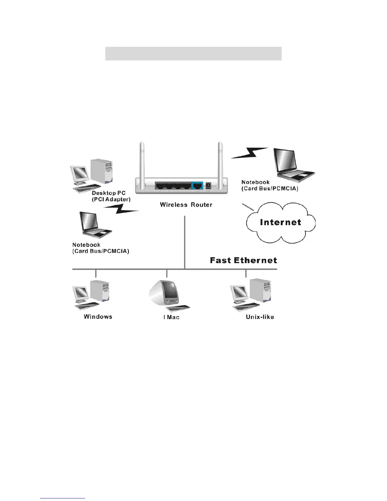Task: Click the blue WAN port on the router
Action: pyautogui.click(x=198, y=186)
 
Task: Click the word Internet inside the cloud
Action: pyautogui.click(x=280, y=222)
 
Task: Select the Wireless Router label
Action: pyautogui.click(x=186, y=205)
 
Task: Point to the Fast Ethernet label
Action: pyautogui.click(x=243, y=260)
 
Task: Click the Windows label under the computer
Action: pyautogui.click(x=98, y=317)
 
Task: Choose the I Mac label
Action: pyautogui.click(x=171, y=317)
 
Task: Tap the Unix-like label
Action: pyautogui.click(x=260, y=317)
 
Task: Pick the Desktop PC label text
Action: pyautogui.click(x=108, y=193)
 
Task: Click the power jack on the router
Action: pyautogui.click(x=208, y=185)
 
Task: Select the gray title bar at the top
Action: pyautogui.click(x=193, y=53)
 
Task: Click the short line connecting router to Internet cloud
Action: pyautogui.click(x=248, y=207)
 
